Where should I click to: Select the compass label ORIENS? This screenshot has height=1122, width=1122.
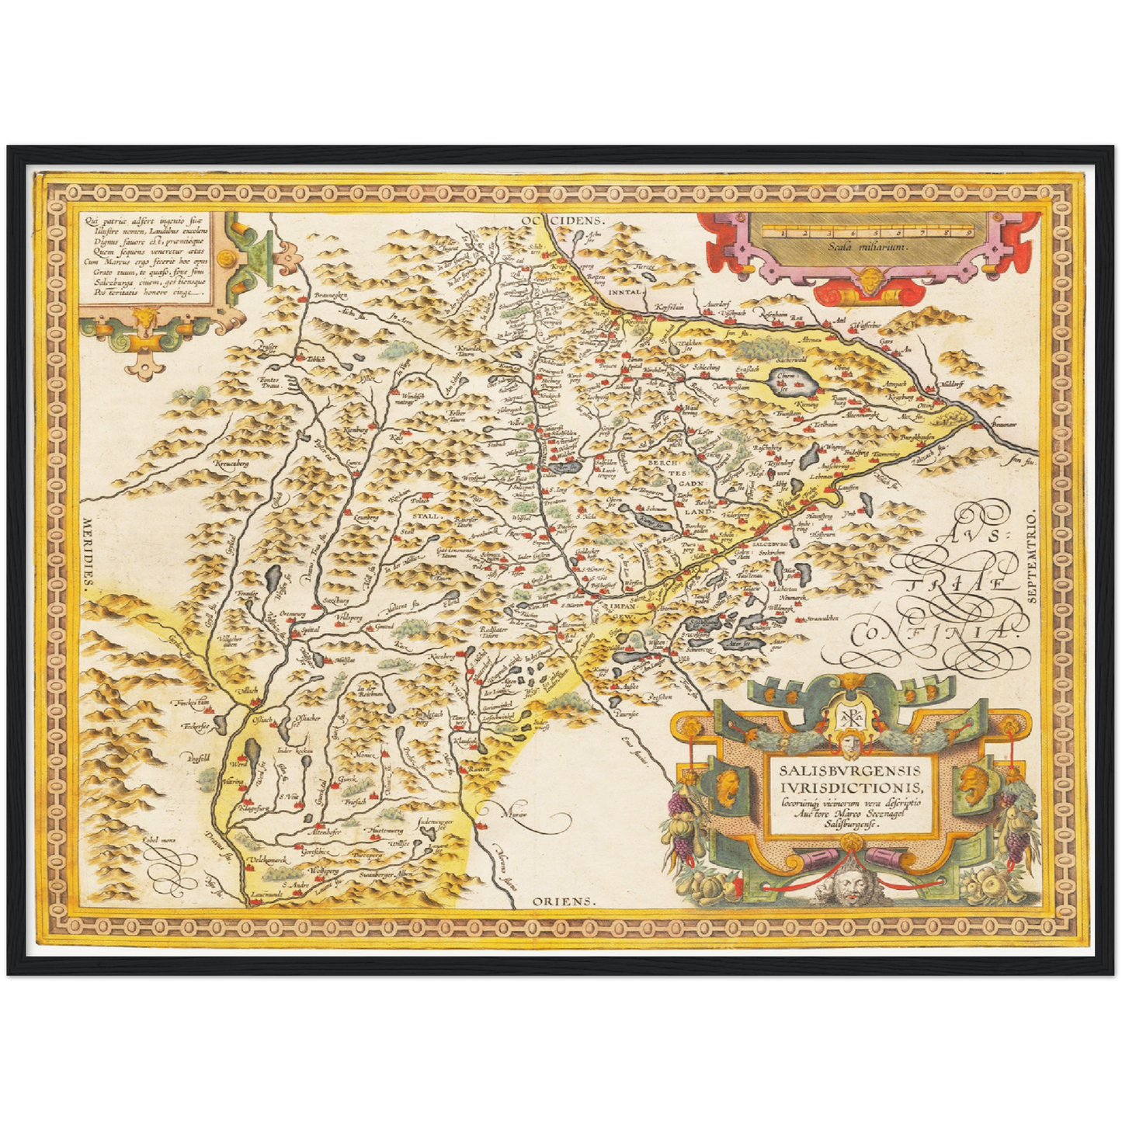[563, 901]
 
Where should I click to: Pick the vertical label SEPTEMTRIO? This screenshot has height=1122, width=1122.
[1031, 557]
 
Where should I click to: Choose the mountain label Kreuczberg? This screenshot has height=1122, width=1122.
[231, 464]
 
